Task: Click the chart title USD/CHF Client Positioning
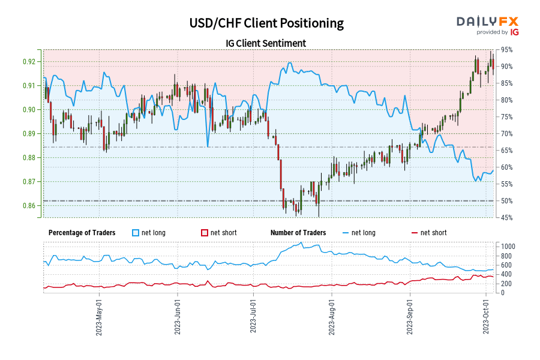[x=266, y=23]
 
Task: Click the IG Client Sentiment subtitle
[x=266, y=43]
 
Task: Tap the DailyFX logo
[x=488, y=22]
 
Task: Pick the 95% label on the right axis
[x=504, y=50]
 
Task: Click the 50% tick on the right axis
[x=504, y=201]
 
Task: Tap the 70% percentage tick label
[x=504, y=134]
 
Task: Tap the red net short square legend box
[x=205, y=233]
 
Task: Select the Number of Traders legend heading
[x=298, y=233]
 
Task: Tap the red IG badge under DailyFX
[x=514, y=32]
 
